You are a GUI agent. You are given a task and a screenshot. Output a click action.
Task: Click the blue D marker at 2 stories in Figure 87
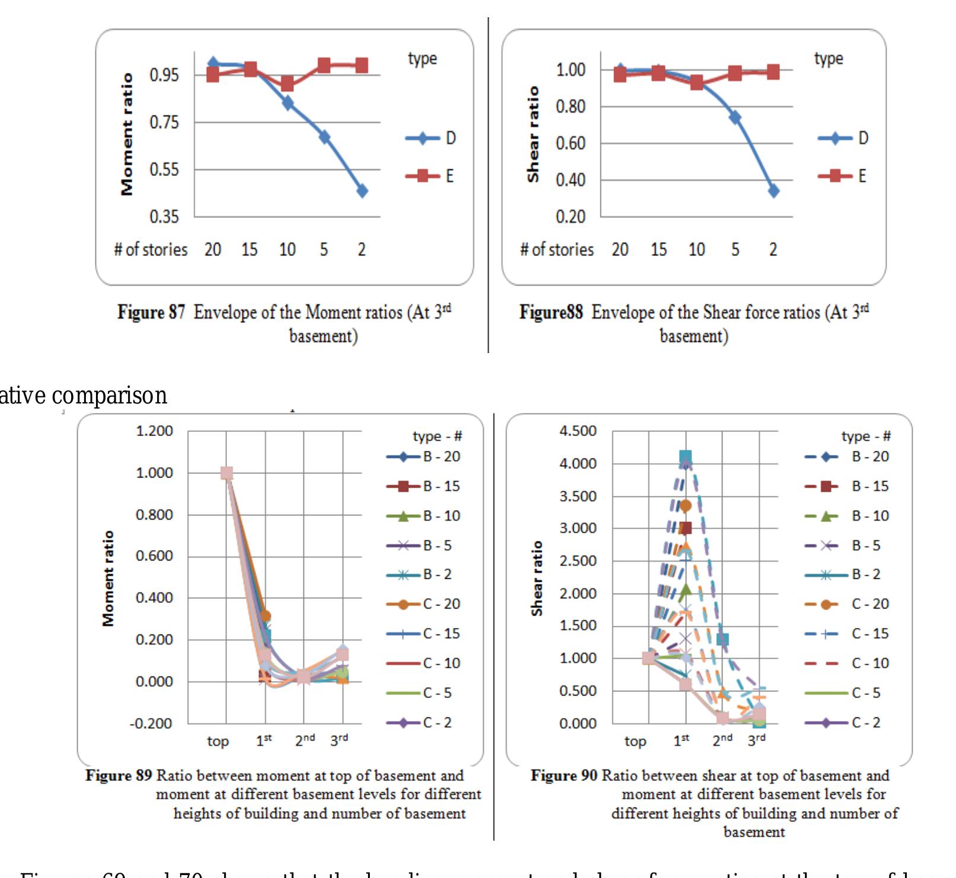362,191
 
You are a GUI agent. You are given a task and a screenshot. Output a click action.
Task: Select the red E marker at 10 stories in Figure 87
287,84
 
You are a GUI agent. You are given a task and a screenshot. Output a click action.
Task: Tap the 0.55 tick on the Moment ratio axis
164,170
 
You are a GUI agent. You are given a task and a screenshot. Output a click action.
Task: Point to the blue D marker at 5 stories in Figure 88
735,117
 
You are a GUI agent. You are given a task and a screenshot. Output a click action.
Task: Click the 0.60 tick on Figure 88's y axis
570,143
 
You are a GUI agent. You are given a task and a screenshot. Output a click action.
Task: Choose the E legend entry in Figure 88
842,176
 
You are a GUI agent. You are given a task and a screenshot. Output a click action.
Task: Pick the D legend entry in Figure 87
430,139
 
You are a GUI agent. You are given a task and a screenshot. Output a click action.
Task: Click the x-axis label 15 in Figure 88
658,249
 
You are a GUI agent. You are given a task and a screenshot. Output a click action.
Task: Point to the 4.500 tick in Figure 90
578,431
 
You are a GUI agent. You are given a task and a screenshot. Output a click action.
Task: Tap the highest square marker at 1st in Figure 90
686,457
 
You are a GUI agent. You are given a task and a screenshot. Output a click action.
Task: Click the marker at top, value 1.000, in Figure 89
226,473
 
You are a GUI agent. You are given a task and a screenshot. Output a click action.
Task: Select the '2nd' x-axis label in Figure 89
305,741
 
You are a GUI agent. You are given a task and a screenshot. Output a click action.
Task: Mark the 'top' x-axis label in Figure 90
635,741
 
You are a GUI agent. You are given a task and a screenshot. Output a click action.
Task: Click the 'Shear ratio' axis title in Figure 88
533,134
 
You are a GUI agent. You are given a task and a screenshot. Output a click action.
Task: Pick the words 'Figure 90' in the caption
564,776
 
